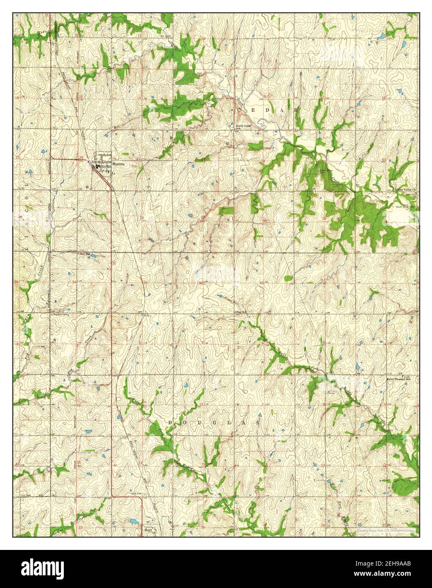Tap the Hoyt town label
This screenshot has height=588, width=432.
(x=148, y=530)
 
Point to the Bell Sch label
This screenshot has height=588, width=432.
(x=85, y=253)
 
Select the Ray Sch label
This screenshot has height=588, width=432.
(x=241, y=312)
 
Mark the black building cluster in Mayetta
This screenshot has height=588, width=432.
(x=98, y=168)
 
